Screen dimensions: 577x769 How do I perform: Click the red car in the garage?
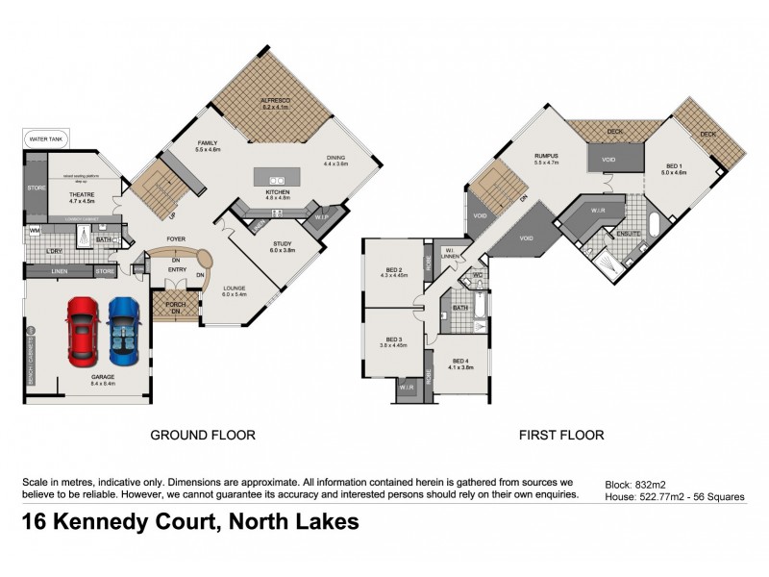click(x=82, y=328)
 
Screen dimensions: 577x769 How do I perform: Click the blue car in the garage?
click(x=124, y=328)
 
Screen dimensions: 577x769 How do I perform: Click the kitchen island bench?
click(x=278, y=177)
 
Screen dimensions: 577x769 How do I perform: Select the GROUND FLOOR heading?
click(x=202, y=436)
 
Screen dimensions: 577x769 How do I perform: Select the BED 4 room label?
click(x=460, y=363)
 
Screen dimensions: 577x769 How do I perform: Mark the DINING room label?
click(x=335, y=160)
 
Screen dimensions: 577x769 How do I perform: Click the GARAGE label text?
click(x=103, y=379)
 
